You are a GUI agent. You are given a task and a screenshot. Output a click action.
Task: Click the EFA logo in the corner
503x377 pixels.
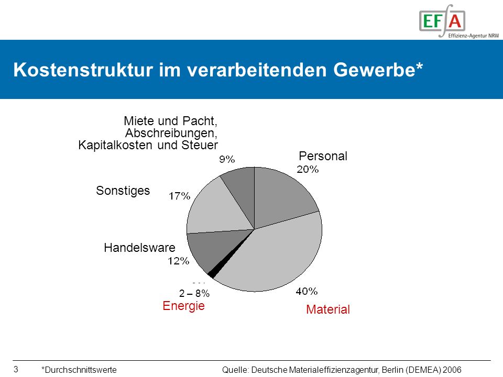tap(459, 21)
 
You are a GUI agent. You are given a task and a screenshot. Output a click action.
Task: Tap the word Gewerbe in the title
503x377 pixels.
tap(374, 70)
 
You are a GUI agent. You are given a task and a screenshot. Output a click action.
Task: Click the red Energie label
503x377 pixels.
tap(183, 306)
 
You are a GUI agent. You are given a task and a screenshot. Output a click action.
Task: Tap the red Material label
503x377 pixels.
tap(328, 309)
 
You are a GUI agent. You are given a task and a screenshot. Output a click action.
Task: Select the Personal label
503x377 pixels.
tap(323, 156)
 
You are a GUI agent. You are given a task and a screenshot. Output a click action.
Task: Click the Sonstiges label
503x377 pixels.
tap(123, 191)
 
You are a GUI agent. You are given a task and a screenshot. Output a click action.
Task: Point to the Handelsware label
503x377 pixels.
tap(139, 248)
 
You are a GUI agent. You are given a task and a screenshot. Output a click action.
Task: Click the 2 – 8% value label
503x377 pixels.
tap(194, 293)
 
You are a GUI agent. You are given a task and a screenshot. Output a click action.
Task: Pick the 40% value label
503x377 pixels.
tap(307, 291)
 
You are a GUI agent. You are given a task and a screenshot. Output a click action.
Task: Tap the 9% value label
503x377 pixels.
tap(227, 159)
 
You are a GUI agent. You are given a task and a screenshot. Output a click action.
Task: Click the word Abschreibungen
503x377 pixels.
tap(171, 133)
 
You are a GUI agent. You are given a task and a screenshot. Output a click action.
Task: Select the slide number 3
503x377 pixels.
tap(16, 369)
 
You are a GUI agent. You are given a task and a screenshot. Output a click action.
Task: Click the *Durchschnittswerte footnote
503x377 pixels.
tap(79, 370)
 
